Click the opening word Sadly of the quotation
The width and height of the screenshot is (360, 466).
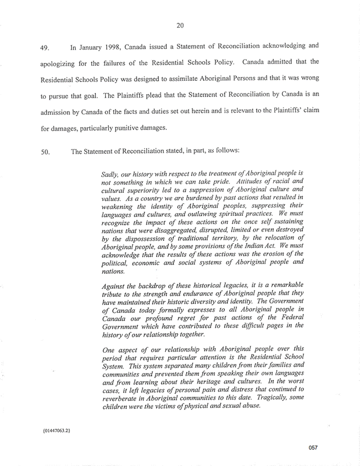click(110, 173)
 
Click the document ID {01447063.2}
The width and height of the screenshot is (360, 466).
click(56, 431)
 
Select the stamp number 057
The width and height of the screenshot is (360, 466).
click(313, 448)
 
